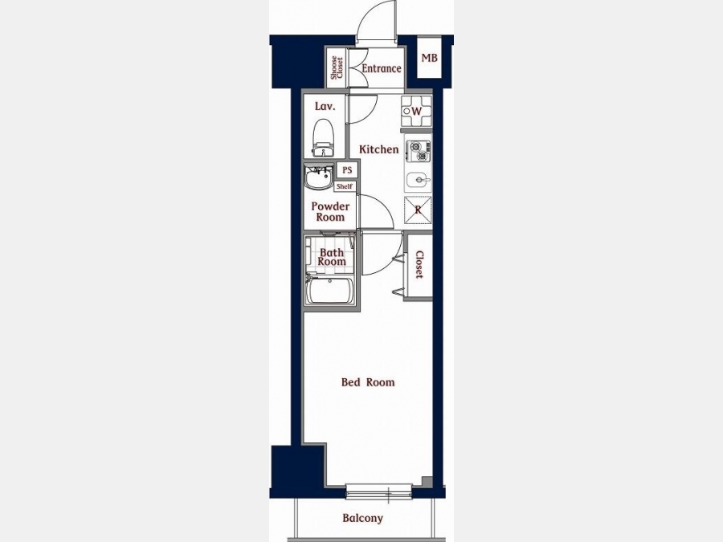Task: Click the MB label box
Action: pyautogui.click(x=430, y=58)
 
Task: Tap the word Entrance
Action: pyautogui.click(x=382, y=69)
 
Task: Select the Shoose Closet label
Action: pyautogui.click(x=337, y=67)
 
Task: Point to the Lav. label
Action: pyautogui.click(x=325, y=107)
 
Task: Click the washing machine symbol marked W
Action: pyautogui.click(x=416, y=111)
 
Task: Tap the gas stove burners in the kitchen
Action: pyautogui.click(x=419, y=151)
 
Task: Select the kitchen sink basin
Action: pyautogui.click(x=419, y=180)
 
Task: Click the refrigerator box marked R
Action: pyautogui.click(x=418, y=210)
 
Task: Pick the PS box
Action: pyautogui.click(x=347, y=169)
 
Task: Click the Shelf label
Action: pyautogui.click(x=345, y=186)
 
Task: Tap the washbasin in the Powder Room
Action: pyautogui.click(x=319, y=177)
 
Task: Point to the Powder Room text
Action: pyautogui.click(x=330, y=211)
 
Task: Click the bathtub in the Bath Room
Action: pyautogui.click(x=331, y=291)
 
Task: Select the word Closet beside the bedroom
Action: pyautogui.click(x=419, y=264)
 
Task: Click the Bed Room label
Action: pyautogui.click(x=368, y=382)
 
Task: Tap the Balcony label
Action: pyautogui.click(x=363, y=518)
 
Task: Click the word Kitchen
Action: pyautogui.click(x=379, y=149)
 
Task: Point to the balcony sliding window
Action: pyautogui.click(x=379, y=491)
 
